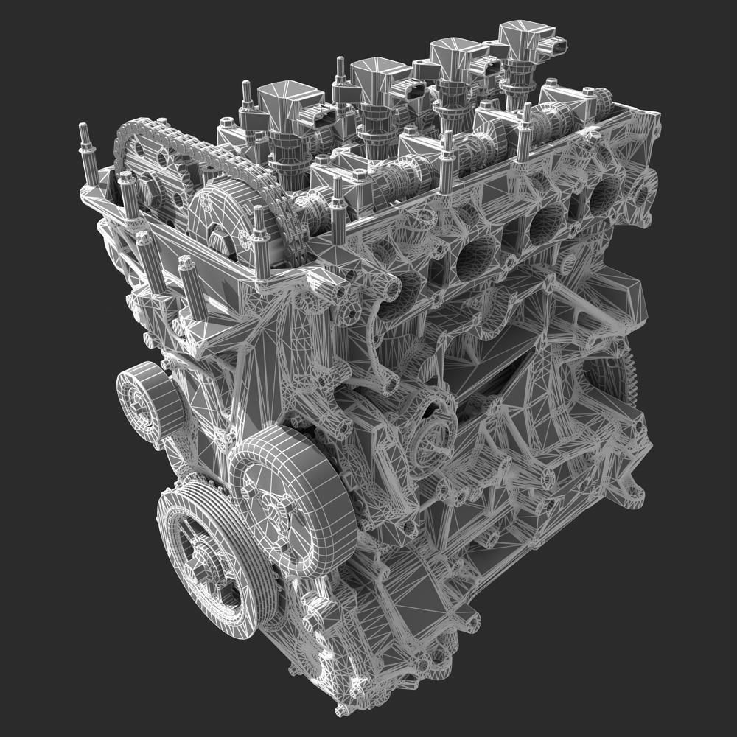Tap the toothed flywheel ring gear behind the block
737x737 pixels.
632,383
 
